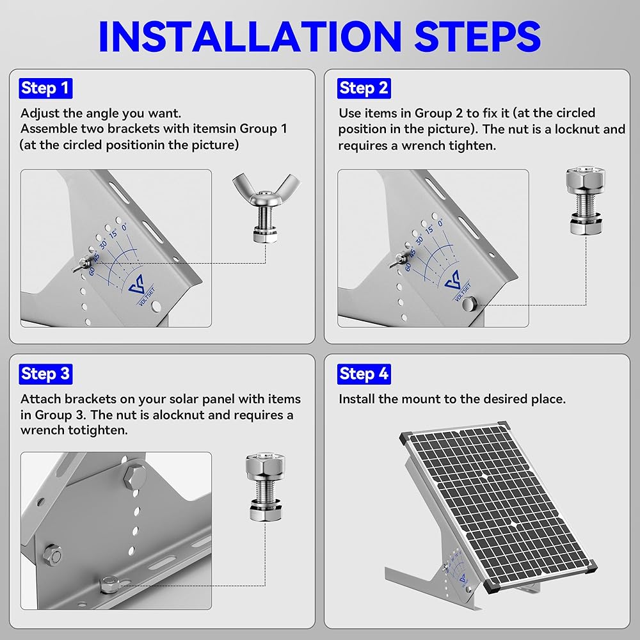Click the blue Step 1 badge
coord(45,88)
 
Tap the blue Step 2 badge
coord(364,88)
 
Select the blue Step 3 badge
coord(45,374)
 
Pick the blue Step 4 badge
coord(364,374)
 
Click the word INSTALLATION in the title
coord(250,36)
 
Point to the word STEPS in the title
coord(477,36)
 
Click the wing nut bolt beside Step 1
coord(266,208)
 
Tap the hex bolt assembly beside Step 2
coord(586,200)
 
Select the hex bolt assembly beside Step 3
coord(266,486)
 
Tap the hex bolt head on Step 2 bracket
coord(469,303)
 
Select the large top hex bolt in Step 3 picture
coord(135,476)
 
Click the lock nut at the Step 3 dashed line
coord(109,584)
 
